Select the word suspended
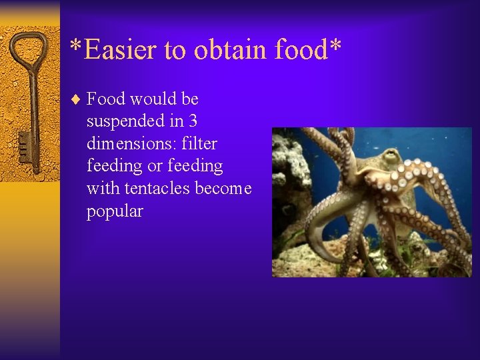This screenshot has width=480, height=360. coord(126,122)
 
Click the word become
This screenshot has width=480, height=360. coord(223,189)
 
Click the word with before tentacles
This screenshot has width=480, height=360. coord(101,189)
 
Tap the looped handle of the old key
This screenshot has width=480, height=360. coord(28,49)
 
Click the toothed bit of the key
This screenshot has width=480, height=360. coord(24,148)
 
